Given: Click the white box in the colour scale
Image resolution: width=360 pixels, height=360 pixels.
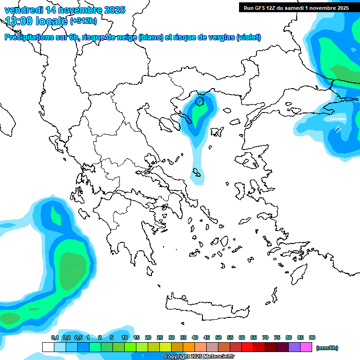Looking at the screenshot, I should pyautogui.click(x=48, y=347).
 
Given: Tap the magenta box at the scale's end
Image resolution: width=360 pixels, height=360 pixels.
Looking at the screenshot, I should pyautogui.click(x=306, y=347).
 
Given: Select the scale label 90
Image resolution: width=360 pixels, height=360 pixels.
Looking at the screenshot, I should pyautogui.click(x=312, y=337).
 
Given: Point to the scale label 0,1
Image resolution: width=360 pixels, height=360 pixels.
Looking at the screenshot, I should pyautogui.click(x=55, y=337).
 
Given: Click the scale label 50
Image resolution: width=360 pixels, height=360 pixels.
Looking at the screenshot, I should pyautogui.click(x=218, y=337).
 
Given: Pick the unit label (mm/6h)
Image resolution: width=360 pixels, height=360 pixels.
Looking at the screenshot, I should pyautogui.click(x=327, y=348).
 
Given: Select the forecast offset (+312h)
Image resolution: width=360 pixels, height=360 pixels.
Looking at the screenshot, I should pyautogui.click(x=84, y=21).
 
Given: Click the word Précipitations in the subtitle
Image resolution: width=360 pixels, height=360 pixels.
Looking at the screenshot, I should pyautogui.click(x=28, y=37).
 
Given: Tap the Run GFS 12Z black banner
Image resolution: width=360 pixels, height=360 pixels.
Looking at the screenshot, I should pyautogui.click(x=295, y=8).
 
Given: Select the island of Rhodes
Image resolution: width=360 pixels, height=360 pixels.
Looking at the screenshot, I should pyautogui.click(x=299, y=273).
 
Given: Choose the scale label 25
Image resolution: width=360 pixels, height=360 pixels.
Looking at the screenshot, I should pyautogui.click(x=160, y=337).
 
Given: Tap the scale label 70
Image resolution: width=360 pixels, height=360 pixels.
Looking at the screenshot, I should pyautogui.click(x=265, y=337).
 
